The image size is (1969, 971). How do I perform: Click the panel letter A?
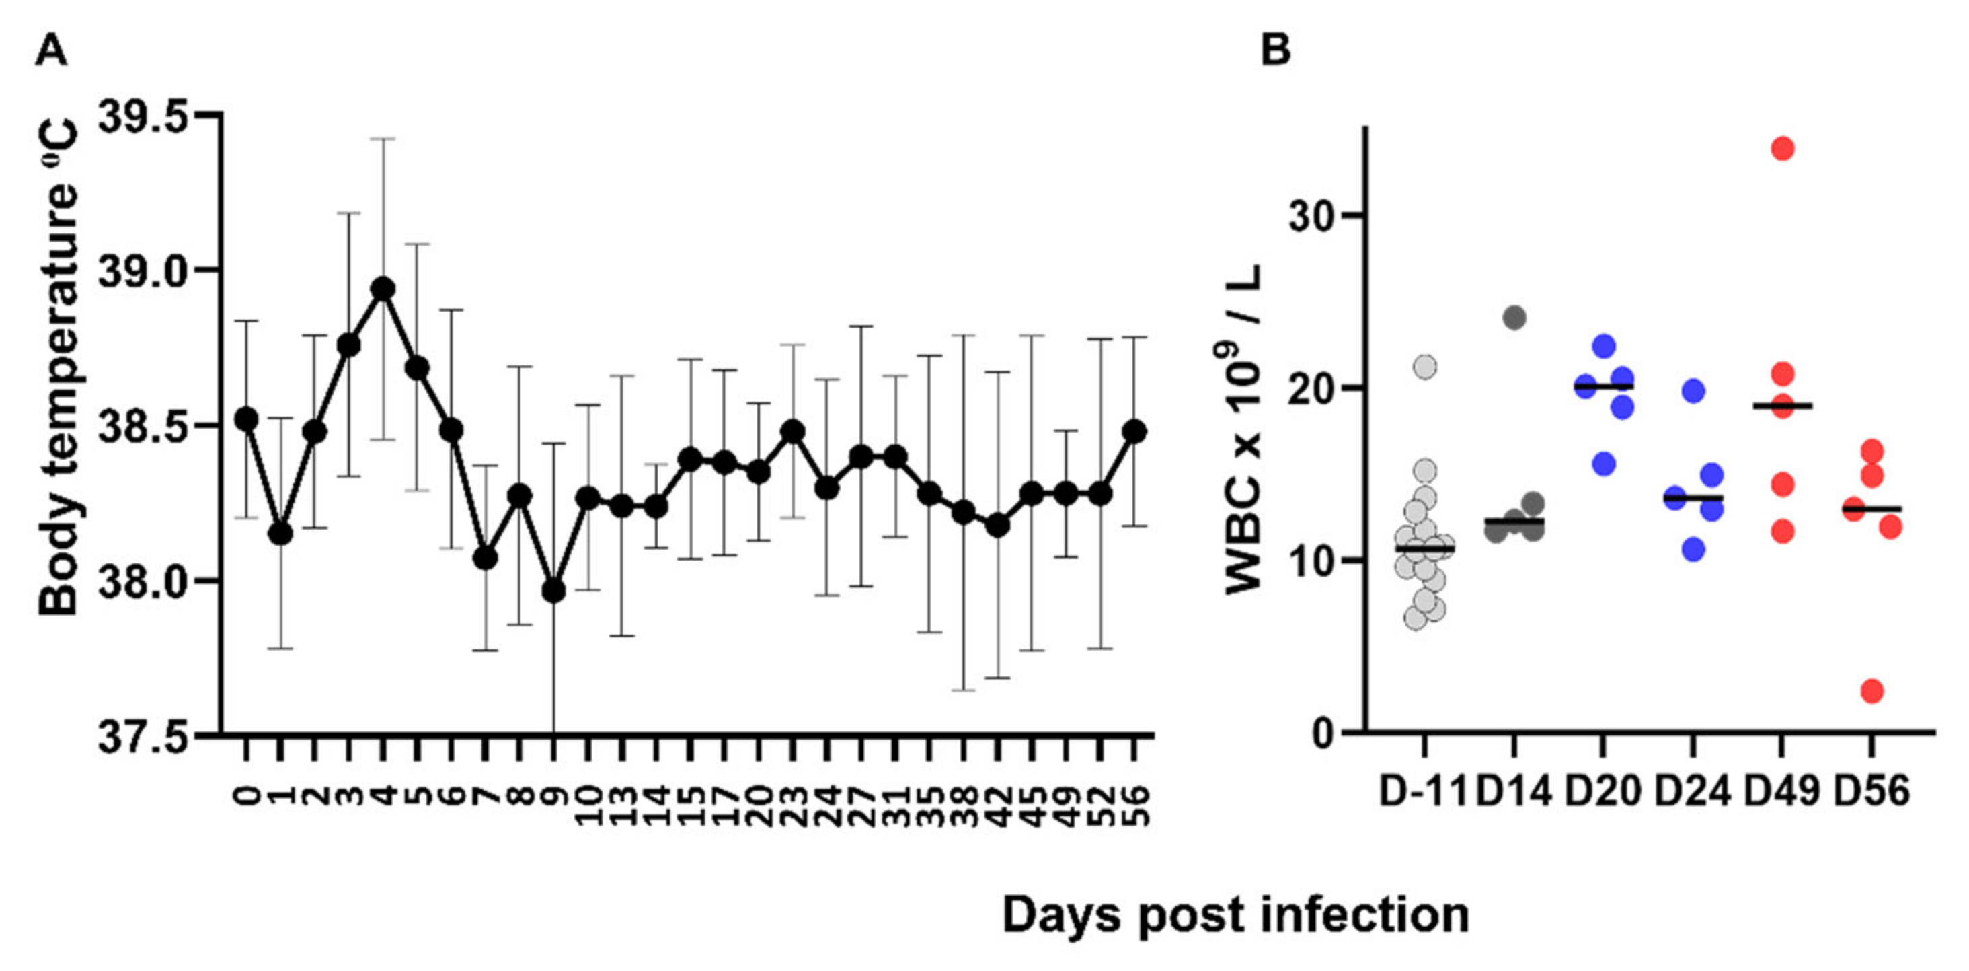click(x=51, y=51)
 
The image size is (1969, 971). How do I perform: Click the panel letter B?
click(x=1275, y=50)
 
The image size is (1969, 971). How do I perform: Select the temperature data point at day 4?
click(x=383, y=289)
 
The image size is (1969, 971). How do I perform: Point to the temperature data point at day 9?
click(x=553, y=590)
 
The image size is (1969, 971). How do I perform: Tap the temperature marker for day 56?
click(x=1135, y=431)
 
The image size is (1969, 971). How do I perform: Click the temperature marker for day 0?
click(x=245, y=419)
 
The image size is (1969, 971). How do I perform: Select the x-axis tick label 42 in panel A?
click(x=998, y=805)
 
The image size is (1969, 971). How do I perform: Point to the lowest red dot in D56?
click(x=1872, y=691)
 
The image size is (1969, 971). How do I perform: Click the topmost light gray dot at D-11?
click(x=1425, y=367)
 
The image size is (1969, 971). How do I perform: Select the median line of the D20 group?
click(x=1604, y=387)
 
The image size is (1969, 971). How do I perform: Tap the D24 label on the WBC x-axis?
click(x=1693, y=791)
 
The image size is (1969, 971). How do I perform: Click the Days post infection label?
click(x=1235, y=914)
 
